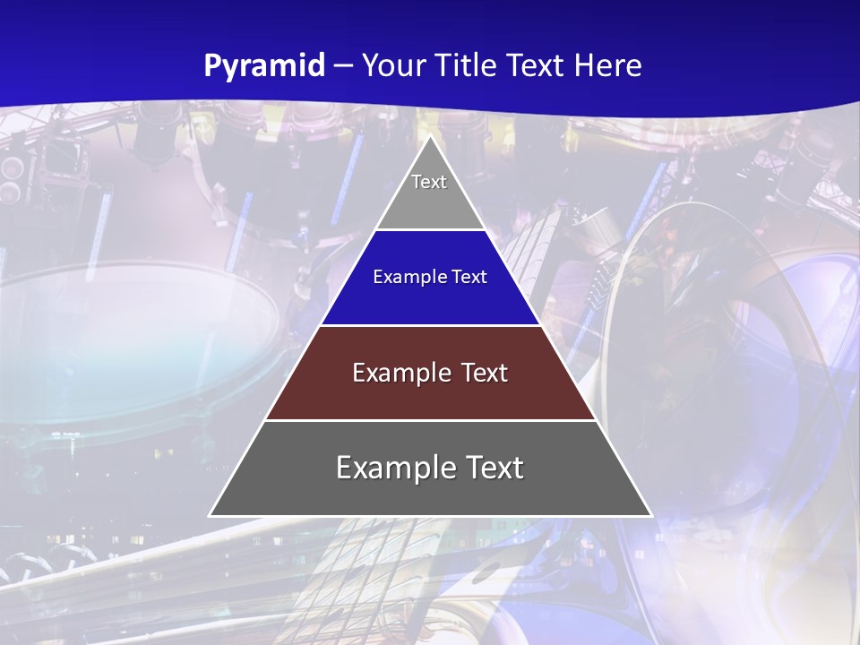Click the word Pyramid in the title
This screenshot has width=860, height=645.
[x=264, y=66]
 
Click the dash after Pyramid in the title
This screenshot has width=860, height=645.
[x=342, y=66]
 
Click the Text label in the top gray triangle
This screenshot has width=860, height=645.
[x=429, y=182]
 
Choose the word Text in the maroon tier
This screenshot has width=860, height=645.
[x=485, y=373]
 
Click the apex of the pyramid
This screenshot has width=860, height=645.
[x=430, y=137]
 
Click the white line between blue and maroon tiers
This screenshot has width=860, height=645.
[x=430, y=325]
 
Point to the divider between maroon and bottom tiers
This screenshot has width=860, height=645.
[x=430, y=420]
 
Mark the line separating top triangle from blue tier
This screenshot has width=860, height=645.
[x=430, y=230]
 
